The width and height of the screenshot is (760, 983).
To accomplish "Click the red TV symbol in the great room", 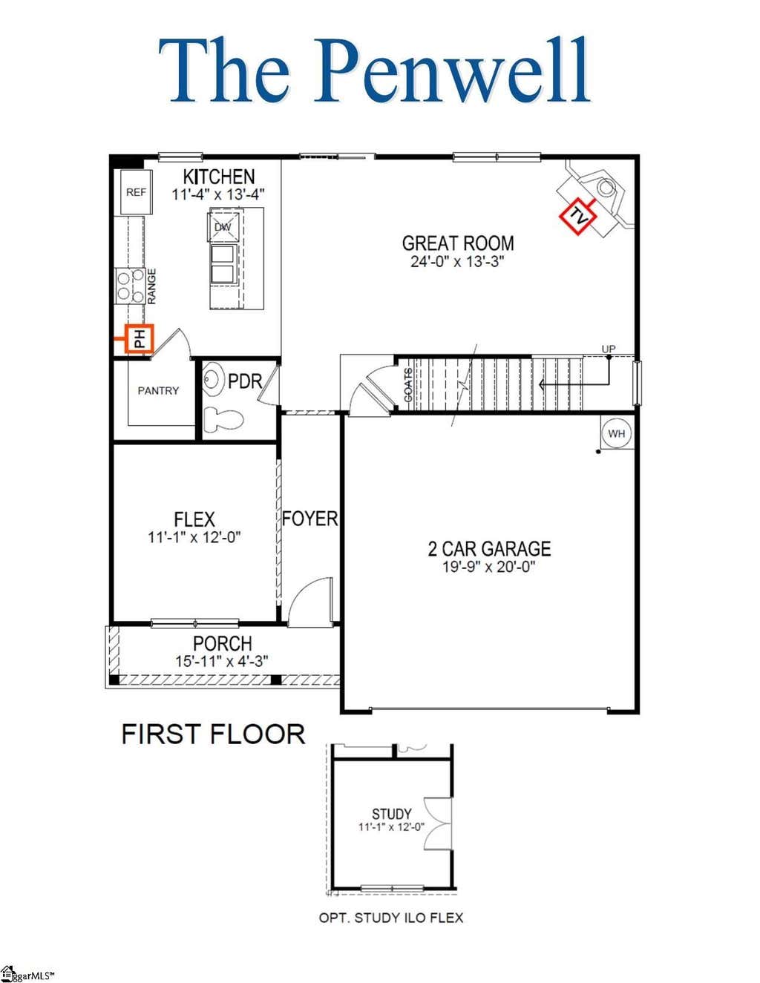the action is pos(577,215).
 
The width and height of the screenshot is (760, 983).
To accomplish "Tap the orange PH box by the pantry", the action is pos(140,338).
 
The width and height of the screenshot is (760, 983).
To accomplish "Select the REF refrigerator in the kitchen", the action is pos(136,192).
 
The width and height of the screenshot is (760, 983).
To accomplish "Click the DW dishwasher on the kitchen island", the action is pos(222,227).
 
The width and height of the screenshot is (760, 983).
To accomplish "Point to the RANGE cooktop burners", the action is pos(131,286).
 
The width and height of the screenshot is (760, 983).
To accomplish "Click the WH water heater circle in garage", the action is pos(616,433).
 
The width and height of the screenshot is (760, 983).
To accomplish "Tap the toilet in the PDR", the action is pos(223,419).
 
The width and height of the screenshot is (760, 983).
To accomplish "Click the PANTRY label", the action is pos(158,390).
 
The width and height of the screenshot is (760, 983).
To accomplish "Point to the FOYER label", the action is pos(310,519).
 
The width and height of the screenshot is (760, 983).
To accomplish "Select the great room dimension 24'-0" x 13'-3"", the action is pos(457,261).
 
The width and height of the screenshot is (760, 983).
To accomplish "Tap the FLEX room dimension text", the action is pos(194,537).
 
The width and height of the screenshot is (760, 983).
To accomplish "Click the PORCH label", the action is pos(222,643).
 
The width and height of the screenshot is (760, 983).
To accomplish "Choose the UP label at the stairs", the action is pos(609,349).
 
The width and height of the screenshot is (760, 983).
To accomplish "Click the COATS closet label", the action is pos(408,385).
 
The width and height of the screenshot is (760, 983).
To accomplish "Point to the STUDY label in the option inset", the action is pos(391,815).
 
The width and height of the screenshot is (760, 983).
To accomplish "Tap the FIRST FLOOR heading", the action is pos(213,734).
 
